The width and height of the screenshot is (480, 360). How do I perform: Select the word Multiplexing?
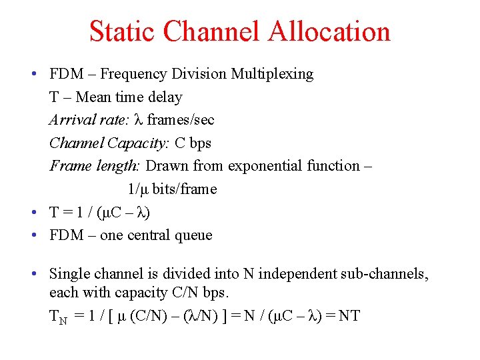272,74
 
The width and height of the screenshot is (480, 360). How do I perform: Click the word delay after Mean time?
165,97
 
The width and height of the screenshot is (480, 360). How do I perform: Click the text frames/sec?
181,120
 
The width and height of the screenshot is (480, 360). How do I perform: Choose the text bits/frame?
185,189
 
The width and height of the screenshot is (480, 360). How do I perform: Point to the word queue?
194,235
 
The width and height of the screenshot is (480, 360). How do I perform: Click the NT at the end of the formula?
349,315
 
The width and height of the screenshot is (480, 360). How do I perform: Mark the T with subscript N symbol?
58,317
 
